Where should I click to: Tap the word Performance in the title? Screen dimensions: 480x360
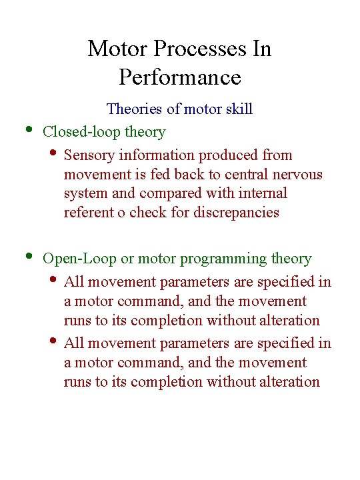tap(179, 77)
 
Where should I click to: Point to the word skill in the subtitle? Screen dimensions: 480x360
tap(238, 109)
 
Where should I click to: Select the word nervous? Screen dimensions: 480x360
tap(297, 175)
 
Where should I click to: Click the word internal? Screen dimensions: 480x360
tap(263, 193)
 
